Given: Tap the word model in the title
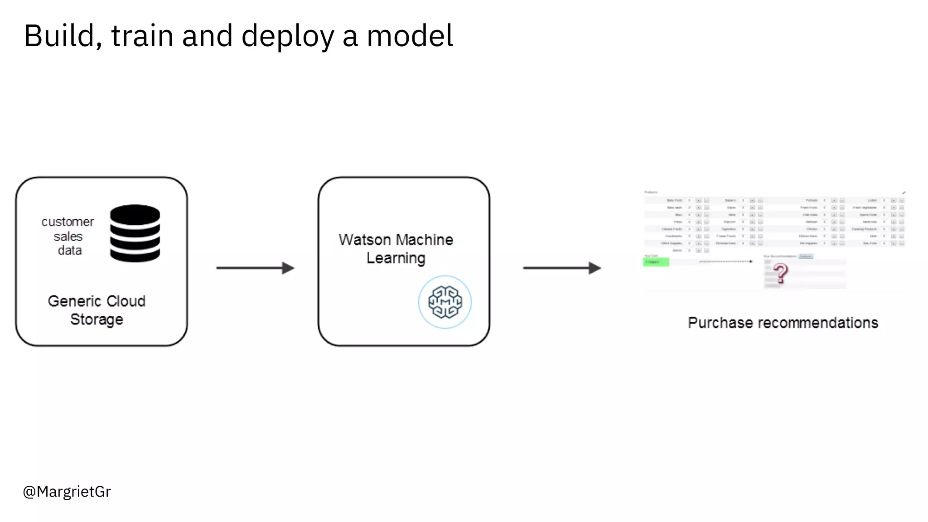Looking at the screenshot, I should click(x=410, y=36).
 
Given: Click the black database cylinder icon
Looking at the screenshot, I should click(x=135, y=233).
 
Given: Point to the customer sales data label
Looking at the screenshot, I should click(x=68, y=236).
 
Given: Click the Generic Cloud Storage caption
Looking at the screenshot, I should click(x=97, y=310).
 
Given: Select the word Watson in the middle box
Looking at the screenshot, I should click(x=364, y=240).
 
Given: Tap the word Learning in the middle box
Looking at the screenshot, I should click(x=396, y=258).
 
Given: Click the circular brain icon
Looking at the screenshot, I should click(x=445, y=302).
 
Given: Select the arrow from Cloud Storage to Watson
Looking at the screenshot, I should click(x=255, y=268).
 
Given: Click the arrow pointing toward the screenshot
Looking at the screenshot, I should click(x=562, y=268).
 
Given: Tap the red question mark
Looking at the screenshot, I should click(x=780, y=274).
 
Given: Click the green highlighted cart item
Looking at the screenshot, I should click(x=656, y=262).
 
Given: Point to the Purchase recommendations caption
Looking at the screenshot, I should click(x=783, y=323).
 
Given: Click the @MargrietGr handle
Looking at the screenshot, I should click(x=67, y=492).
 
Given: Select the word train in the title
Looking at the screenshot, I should click(x=142, y=36).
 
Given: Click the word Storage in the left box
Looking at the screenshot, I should click(x=97, y=319).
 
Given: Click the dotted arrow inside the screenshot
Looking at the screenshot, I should click(x=725, y=261).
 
